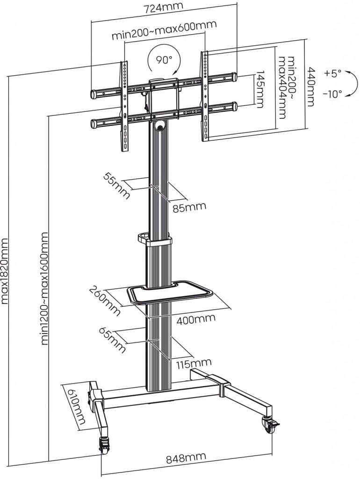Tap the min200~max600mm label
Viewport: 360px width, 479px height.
[x=158, y=37]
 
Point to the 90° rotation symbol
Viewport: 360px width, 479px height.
[x=163, y=60]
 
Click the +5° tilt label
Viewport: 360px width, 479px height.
[x=332, y=73]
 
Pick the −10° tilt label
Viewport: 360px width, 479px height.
[x=332, y=94]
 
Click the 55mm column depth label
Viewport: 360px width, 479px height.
[x=115, y=185]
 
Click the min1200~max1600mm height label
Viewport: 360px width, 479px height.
[x=45, y=288]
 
